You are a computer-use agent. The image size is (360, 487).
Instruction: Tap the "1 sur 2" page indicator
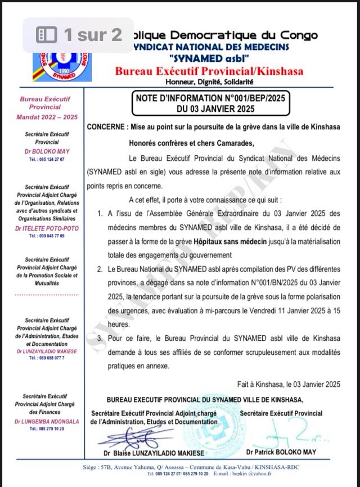coord(79,35)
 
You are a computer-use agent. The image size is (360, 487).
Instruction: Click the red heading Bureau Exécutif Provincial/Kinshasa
coord(208,71)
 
